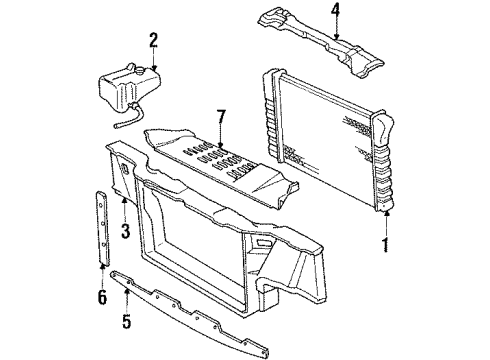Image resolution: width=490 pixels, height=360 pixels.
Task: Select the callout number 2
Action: click(x=153, y=41)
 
